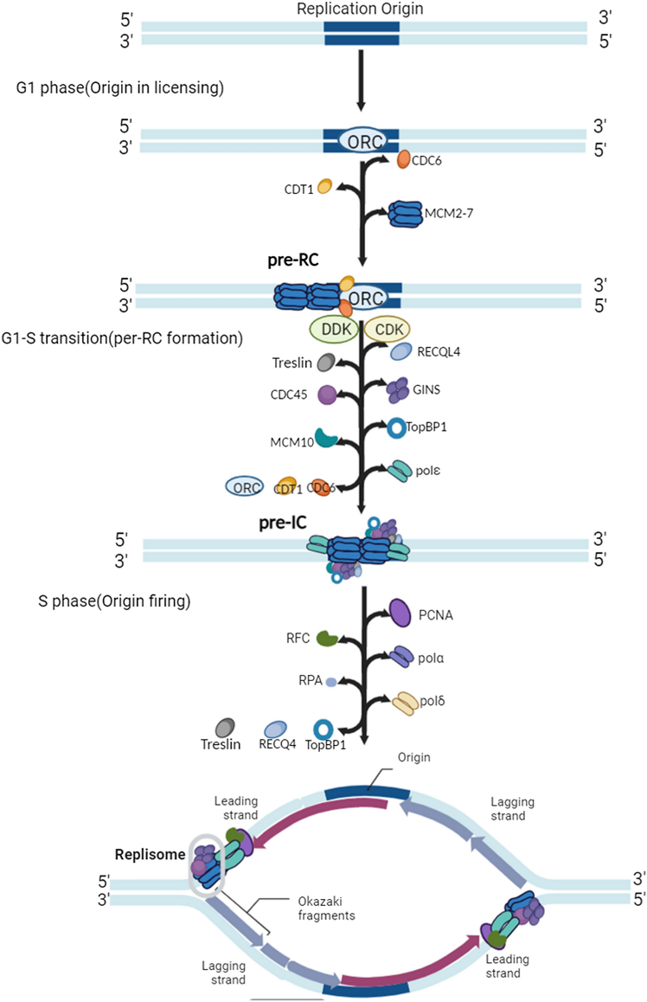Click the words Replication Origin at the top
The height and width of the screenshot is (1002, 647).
[x=362, y=10]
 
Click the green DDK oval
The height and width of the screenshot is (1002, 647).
[x=332, y=331]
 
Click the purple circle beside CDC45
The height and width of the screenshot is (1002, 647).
[x=327, y=395]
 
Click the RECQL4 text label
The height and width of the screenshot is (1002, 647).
[x=444, y=351]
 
